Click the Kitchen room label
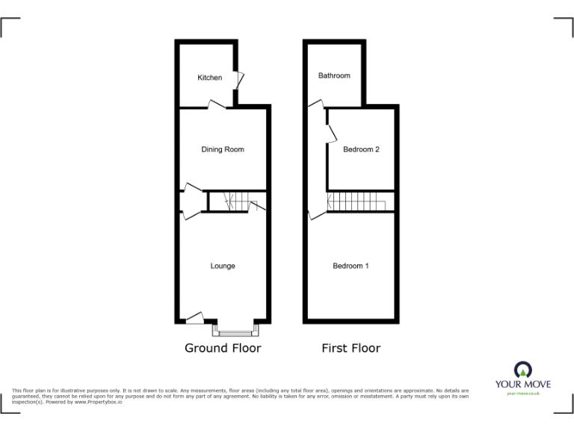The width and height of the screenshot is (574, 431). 209,78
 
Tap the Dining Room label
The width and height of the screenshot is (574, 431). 223,150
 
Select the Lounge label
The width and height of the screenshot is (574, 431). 223,266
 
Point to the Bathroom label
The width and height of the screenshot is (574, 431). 334,76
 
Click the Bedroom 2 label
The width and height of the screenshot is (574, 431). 361,150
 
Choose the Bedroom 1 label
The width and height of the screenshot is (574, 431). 351,266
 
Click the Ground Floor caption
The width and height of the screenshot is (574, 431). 223,348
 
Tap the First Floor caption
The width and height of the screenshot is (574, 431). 351,348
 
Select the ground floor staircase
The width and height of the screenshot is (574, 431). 236,201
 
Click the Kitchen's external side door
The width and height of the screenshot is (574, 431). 239,79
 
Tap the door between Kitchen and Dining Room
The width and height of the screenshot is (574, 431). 216,107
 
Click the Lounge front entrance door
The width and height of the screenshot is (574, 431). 194,319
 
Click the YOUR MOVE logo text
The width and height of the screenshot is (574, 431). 523,385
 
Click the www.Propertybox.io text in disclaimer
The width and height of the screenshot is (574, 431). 98,402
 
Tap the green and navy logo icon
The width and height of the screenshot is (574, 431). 523,368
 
